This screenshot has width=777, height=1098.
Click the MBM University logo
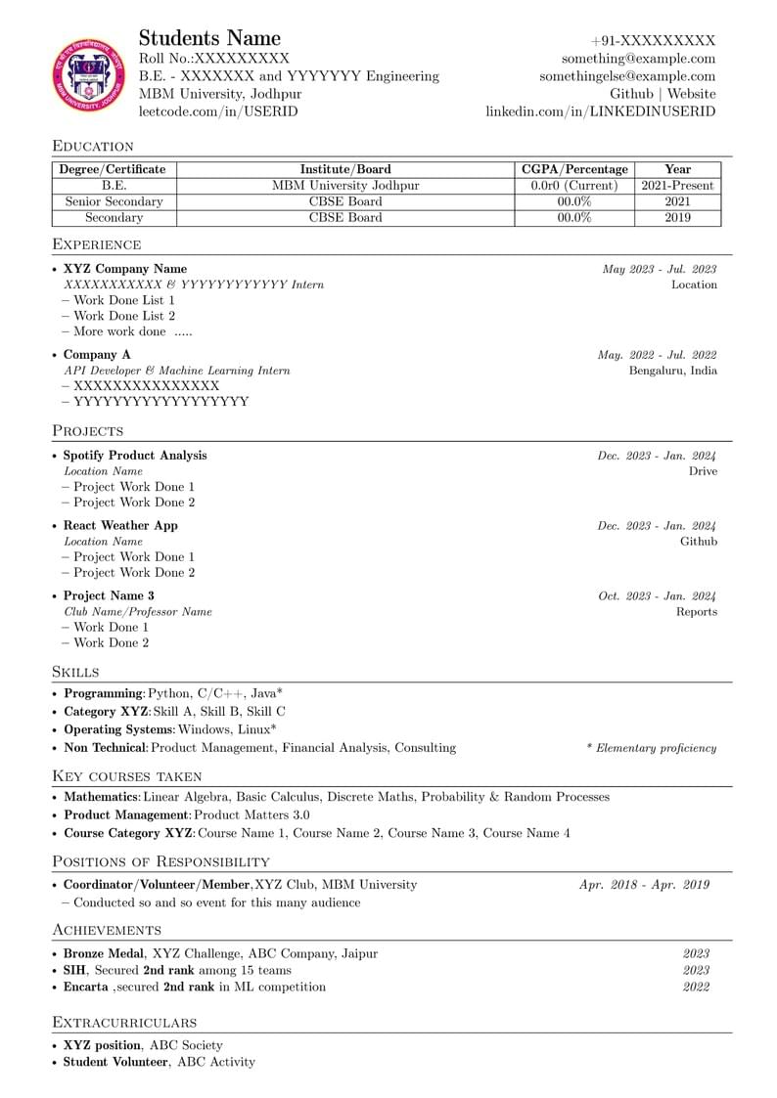[89, 76]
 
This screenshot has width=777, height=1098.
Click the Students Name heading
[209, 39]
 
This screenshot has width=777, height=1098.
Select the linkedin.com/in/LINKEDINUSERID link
[600, 111]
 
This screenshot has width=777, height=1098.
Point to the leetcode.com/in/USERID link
[218, 111]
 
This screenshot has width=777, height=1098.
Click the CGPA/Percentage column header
[574, 169]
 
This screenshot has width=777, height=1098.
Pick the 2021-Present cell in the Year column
[677, 185]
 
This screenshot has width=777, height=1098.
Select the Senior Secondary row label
[114, 201]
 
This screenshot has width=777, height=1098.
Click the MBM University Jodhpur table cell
[345, 185]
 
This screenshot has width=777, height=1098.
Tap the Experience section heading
[97, 244]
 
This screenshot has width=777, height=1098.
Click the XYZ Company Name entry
[125, 269]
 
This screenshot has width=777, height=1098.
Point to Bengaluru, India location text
[672, 371]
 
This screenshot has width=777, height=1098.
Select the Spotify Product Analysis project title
[135, 456]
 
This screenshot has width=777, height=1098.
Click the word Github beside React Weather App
[699, 541]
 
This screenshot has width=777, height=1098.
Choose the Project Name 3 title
[109, 595]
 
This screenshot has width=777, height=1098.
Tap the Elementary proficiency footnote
[651, 748]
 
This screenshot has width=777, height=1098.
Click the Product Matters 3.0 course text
[251, 814]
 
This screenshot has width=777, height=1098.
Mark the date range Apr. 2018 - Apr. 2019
[644, 884]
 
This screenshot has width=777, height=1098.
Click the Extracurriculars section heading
[124, 1022]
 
